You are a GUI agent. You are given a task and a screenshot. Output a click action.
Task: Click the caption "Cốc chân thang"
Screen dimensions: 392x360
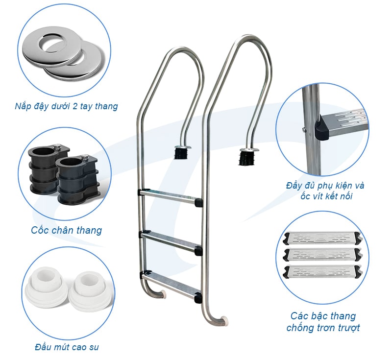point(66,230)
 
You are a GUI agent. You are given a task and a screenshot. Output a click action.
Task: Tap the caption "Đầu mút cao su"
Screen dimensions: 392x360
point(67,347)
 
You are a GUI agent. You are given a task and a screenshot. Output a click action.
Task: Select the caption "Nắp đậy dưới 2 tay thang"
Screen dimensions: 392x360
point(66,106)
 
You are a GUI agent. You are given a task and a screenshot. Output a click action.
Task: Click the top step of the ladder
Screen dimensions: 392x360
point(170,197)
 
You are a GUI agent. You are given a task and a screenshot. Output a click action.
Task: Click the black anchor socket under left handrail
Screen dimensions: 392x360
point(180,153)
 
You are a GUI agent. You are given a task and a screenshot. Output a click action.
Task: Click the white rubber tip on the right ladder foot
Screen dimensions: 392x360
point(225,320)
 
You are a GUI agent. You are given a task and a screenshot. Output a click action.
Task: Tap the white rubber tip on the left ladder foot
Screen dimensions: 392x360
point(163,293)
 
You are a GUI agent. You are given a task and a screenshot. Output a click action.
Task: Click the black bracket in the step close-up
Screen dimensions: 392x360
point(322,130)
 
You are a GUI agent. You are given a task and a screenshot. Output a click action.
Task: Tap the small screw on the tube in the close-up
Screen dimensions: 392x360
point(304,129)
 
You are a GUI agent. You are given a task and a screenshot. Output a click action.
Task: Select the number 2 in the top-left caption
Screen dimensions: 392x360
point(74,106)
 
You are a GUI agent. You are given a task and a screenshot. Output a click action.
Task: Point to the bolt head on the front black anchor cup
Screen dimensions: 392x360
point(84,157)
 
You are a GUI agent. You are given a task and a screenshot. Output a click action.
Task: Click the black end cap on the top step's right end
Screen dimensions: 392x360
point(198,202)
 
